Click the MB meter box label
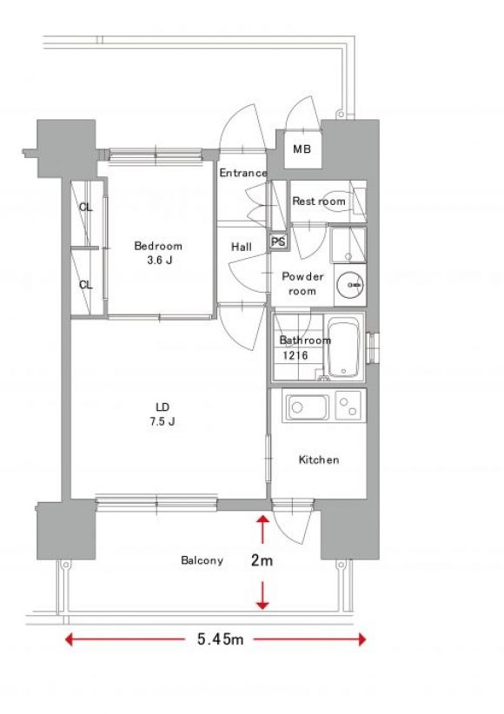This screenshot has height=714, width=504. (x=302, y=149)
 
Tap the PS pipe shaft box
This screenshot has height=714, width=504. (x=277, y=241)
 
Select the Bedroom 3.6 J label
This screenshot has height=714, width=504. (x=158, y=253)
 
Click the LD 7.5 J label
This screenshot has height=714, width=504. (x=162, y=414)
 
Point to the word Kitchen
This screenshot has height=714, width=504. (x=319, y=459)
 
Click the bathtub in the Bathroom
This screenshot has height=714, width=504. (x=343, y=350)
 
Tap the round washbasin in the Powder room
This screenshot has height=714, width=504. (x=350, y=285)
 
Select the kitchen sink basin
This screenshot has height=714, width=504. (x=307, y=407)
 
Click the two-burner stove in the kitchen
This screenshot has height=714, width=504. (x=350, y=406)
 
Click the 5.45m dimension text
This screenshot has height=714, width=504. (x=221, y=639)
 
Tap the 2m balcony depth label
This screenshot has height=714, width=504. (x=262, y=560)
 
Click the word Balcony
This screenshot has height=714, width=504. (x=202, y=560)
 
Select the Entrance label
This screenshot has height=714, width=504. (x=243, y=173)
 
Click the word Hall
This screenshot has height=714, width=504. (x=241, y=247)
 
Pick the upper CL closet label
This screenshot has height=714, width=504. (x=86, y=208)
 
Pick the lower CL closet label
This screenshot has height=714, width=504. (x=86, y=285)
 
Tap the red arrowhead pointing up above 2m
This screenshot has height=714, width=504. (x=262, y=520)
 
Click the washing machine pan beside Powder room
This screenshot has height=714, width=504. (x=348, y=245)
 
